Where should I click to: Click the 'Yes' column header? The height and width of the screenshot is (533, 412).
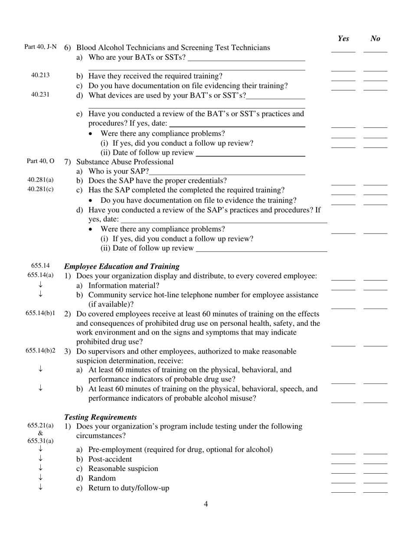pos(343,39)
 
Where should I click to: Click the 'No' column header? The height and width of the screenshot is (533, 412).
pos(376,39)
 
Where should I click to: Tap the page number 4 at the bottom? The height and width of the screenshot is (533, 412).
pos(206,504)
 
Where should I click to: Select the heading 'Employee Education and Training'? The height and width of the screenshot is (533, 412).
pos(122,266)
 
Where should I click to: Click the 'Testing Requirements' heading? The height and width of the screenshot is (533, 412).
pos(101,417)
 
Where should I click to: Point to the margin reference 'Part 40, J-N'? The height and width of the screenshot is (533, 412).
pos(40,47)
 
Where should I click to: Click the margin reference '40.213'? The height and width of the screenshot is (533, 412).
pos(40,75)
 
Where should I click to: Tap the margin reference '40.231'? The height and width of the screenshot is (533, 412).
pos(40,95)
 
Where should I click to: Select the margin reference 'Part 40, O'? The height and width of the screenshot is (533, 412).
pos(40,161)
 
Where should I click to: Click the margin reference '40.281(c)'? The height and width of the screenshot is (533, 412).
pos(40,189)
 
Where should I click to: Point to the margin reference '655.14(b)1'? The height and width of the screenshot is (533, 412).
pos(40,313)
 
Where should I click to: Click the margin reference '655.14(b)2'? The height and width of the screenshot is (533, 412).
pos(40,351)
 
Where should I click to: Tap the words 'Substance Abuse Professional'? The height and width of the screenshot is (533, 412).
pos(125,162)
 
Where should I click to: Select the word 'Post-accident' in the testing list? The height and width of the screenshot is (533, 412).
pos(110,459)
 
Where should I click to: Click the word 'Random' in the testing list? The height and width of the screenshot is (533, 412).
pos(102,478)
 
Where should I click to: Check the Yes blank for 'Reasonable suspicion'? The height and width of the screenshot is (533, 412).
pos(343,472)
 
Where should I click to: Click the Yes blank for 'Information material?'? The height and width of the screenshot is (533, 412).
pos(343,289)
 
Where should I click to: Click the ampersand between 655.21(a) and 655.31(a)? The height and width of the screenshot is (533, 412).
pos(40,433)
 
